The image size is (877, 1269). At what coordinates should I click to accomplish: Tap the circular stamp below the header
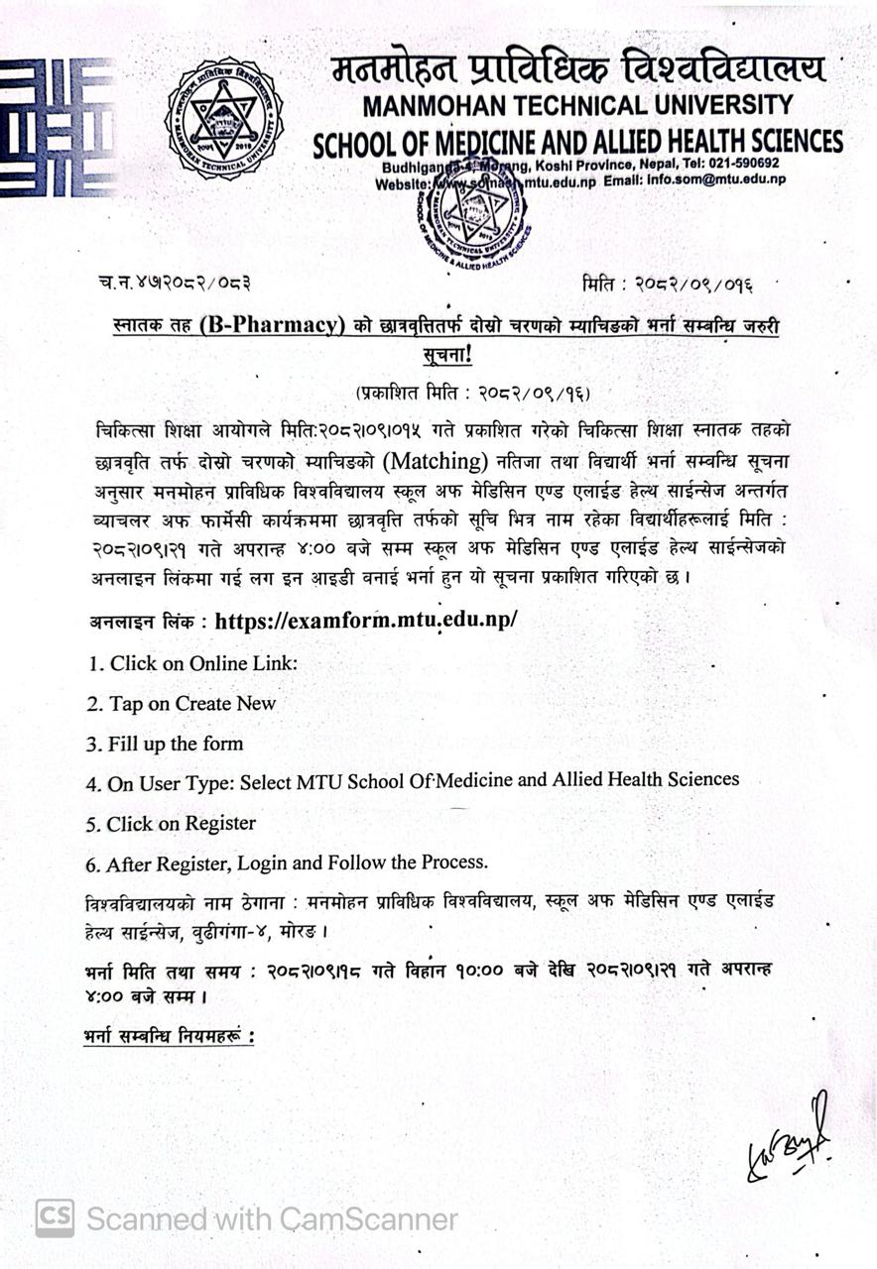click(472, 216)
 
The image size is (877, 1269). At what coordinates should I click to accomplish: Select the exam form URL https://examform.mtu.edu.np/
click(366, 622)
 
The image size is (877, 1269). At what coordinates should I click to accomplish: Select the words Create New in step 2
click(226, 704)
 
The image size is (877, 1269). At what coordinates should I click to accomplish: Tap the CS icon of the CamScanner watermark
click(55, 1218)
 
